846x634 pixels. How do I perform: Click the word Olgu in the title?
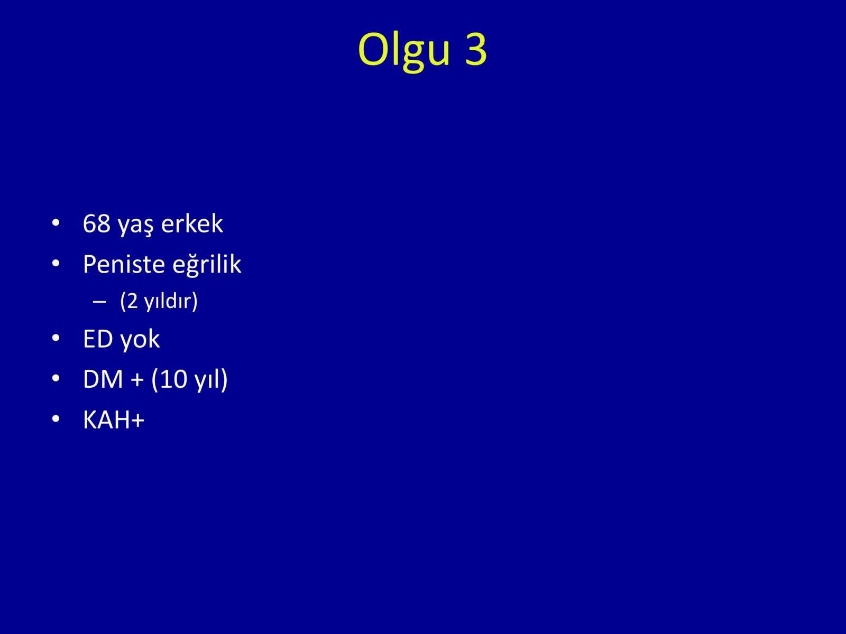[403, 51]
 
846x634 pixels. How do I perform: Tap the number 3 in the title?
[476, 49]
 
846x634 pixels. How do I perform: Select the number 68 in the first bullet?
[97, 223]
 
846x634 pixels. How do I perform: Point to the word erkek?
[192, 223]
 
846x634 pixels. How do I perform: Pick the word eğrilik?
[207, 265]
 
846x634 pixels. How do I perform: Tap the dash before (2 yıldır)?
[99, 302]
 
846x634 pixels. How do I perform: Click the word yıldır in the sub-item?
[168, 301]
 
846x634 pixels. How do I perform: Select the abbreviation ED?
[98, 339]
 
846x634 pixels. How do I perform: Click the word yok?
[140, 340]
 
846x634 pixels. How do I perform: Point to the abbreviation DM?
[103, 379]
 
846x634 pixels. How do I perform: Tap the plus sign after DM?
[137, 380]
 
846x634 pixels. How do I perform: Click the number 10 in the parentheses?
[173, 379]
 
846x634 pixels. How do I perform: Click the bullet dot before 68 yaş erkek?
[56, 223]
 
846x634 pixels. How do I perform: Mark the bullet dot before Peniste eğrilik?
[56, 264]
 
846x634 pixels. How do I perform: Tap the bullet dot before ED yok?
[56, 338]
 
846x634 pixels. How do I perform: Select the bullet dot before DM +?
[56, 378]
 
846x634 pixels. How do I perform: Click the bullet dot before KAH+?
[56, 419]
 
